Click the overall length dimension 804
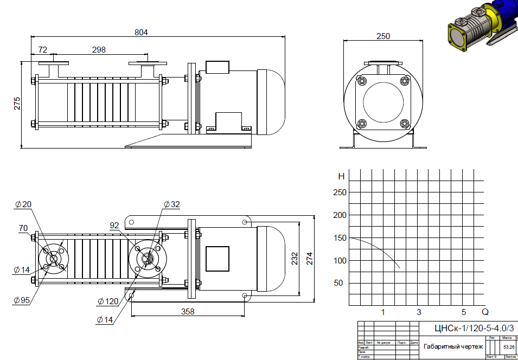(141, 32)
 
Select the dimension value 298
(99, 49)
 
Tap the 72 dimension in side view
(43, 49)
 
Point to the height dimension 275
(17, 104)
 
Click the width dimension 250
(383, 36)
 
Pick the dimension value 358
(188, 312)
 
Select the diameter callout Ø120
(108, 301)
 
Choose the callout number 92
(114, 224)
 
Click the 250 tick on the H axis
(340, 192)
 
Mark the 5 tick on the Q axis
(464, 312)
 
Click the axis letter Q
(485, 312)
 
